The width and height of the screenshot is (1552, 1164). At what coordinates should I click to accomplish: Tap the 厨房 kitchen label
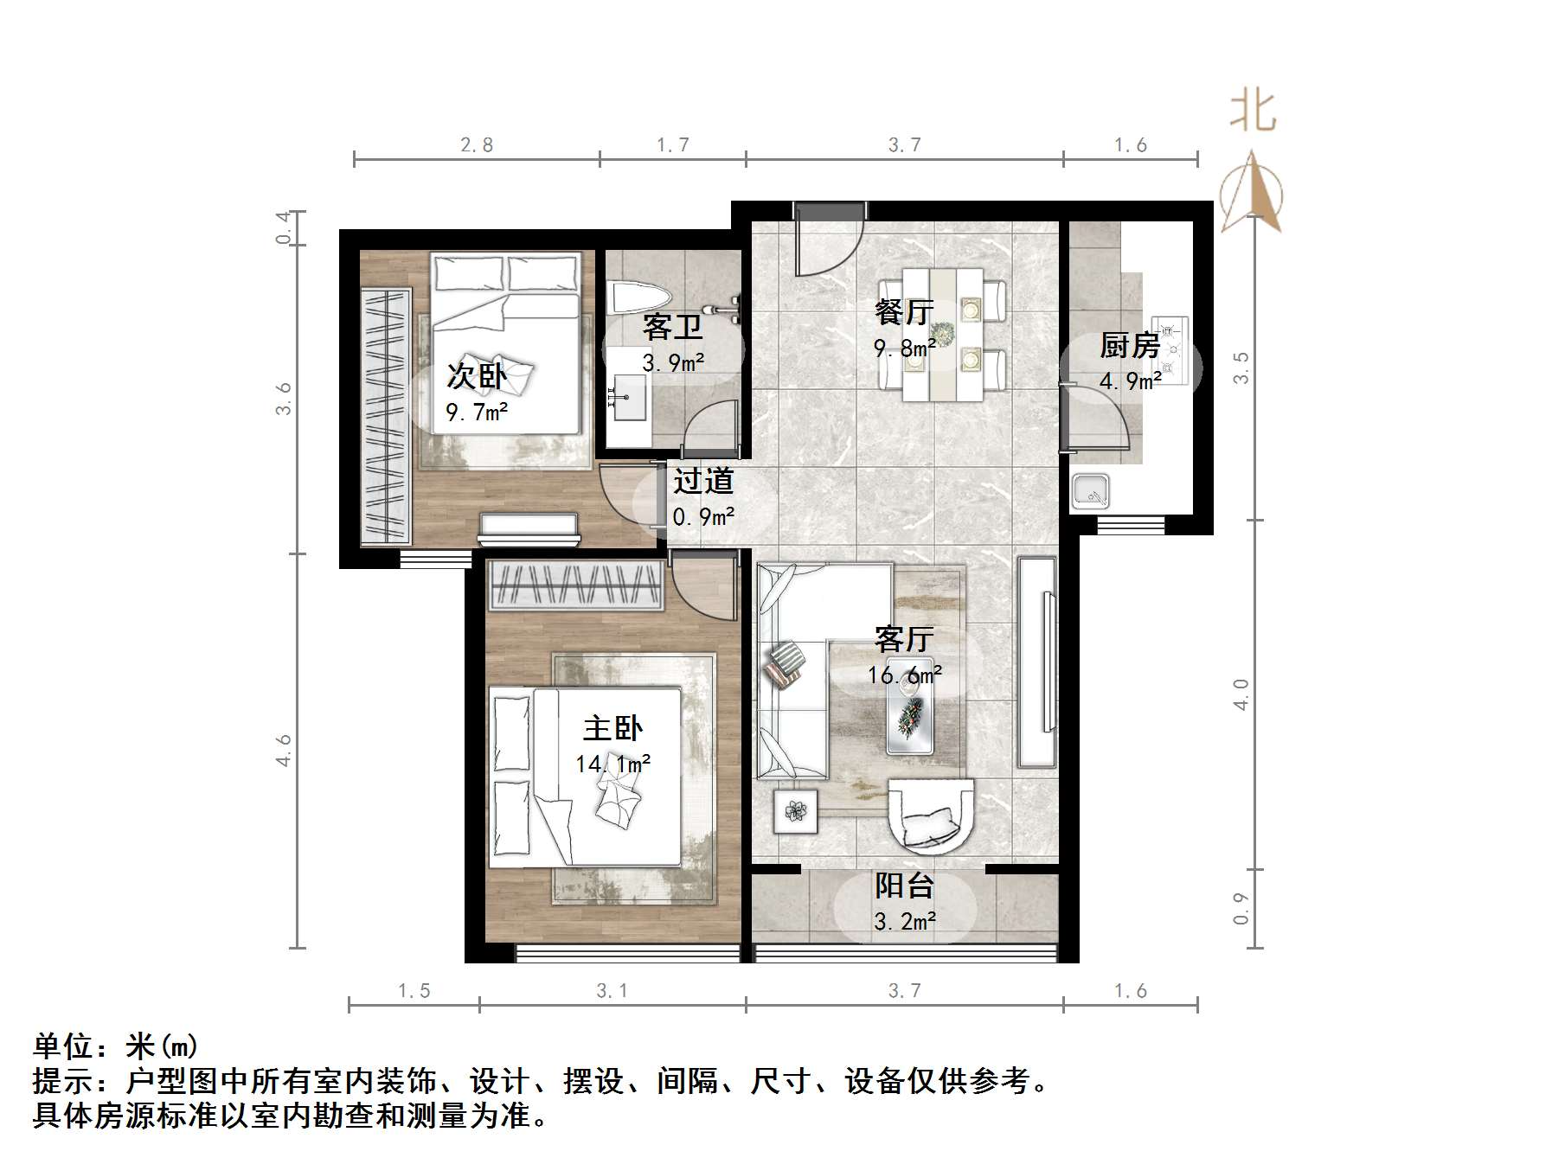coord(1130,346)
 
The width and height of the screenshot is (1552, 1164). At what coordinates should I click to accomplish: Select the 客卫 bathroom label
coord(672,328)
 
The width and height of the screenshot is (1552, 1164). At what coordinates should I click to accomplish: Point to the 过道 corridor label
coord(703,481)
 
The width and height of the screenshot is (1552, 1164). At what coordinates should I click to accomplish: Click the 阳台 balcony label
coord(904,886)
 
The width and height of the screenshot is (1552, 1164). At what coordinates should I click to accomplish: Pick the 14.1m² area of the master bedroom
coord(612,764)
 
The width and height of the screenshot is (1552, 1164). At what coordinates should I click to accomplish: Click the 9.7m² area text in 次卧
coord(477,412)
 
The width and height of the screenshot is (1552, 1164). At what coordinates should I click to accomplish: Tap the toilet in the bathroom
coord(636,298)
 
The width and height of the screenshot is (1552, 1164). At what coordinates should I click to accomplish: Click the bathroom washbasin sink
coord(629,398)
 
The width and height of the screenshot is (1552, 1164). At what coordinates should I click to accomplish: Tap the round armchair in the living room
coord(931,813)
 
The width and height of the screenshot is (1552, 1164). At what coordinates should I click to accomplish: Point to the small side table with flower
coord(796,811)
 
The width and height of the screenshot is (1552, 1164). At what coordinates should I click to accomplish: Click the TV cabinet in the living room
coord(1037,662)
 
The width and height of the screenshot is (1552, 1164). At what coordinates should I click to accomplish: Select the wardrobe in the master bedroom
coord(576,586)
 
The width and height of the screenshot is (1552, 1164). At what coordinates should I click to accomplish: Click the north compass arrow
coord(1251,195)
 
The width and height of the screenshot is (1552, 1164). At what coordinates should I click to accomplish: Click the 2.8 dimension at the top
coord(477,145)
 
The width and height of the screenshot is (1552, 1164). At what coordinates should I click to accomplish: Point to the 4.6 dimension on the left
coord(284,750)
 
